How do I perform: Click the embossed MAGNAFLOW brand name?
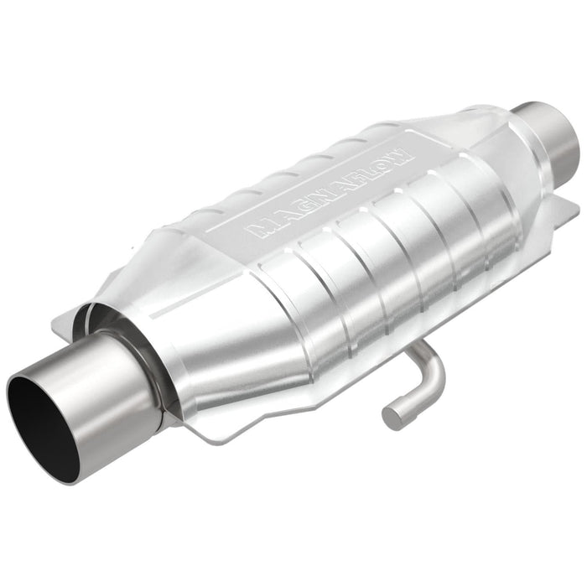[328, 193]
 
